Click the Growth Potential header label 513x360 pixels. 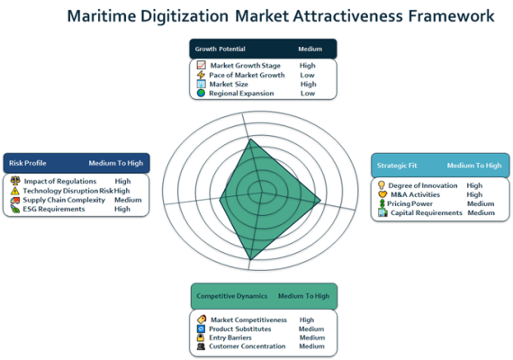click(220, 49)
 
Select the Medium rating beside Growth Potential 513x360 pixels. click(310, 49)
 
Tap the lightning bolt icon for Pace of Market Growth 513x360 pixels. click(201, 75)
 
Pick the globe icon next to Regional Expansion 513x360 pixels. click(201, 94)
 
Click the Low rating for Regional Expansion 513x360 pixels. click(308, 94)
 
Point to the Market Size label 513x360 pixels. click(229, 84)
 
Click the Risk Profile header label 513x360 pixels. click(28, 163)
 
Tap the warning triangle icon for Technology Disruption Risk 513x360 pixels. click(14, 191)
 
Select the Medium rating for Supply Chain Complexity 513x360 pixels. click(128, 200)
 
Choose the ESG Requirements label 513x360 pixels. click(54, 209)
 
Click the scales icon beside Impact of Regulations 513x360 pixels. click(15, 181)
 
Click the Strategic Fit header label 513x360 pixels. click(397, 166)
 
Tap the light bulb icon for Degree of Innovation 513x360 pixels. click(382, 185)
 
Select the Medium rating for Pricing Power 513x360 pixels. click(481, 203)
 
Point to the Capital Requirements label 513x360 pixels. click(427, 212)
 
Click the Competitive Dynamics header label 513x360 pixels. click(232, 296)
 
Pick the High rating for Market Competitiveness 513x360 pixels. click(307, 319)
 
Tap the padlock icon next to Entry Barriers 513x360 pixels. click(201, 337)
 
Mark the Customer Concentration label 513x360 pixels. click(247, 346)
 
